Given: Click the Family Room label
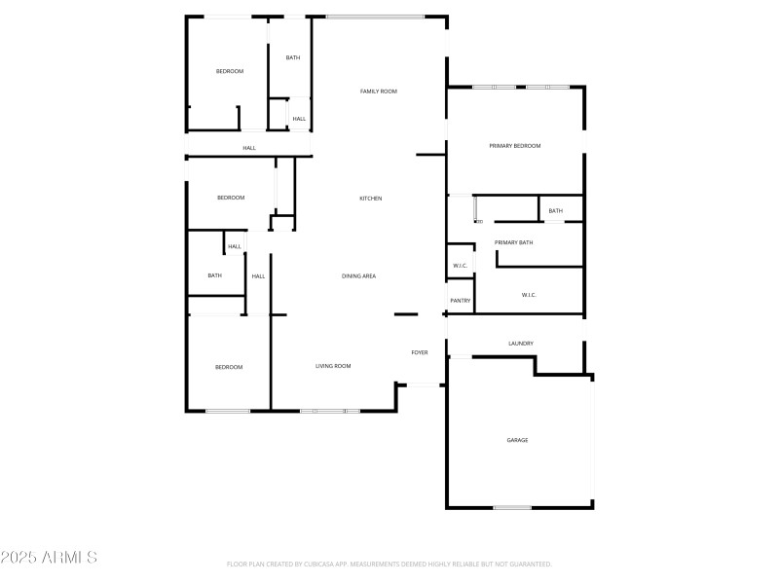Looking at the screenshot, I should pos(379,91).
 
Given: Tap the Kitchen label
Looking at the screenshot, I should pos(371,199).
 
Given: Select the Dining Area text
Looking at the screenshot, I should pos(358,276).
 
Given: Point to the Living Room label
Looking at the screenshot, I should pos(333,366).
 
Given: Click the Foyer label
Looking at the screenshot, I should pos(420,352).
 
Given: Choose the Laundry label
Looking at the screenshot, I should pos(521,344).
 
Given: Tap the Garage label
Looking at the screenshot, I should pos(517,440).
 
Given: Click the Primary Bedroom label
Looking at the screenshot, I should pos(514,146).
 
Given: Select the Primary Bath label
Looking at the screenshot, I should pos(513,242).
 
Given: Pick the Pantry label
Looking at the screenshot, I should pos(461,301).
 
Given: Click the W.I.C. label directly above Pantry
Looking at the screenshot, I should pos(461,266).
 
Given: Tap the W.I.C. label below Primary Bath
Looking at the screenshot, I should pos(529,295).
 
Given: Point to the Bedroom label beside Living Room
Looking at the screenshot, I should pos(229,367).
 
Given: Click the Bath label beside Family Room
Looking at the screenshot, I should pos(293,57).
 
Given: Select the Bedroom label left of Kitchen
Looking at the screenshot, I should pos(231,198).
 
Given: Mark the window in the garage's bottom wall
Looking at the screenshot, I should pos(512,507).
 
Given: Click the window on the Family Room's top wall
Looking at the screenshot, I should pos(375,17).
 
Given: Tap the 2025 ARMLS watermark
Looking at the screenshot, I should pos(49,558).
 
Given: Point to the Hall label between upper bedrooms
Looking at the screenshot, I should pos(249,148).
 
